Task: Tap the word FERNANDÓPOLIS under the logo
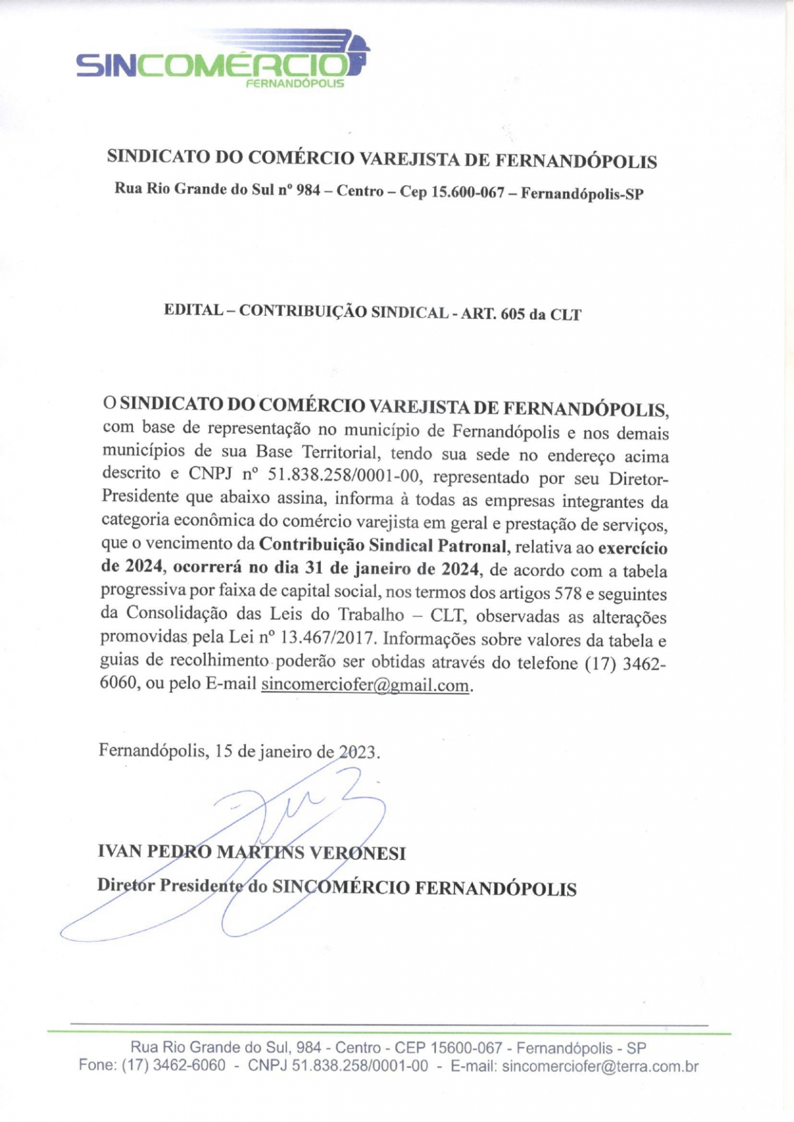pos(294,84)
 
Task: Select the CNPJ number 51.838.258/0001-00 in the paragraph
pos(345,476)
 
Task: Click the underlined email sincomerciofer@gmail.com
pos(365,684)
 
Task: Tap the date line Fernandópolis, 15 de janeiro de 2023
pos(240,751)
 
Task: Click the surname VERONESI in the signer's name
pos(358,853)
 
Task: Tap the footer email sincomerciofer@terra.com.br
pos(600,1066)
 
